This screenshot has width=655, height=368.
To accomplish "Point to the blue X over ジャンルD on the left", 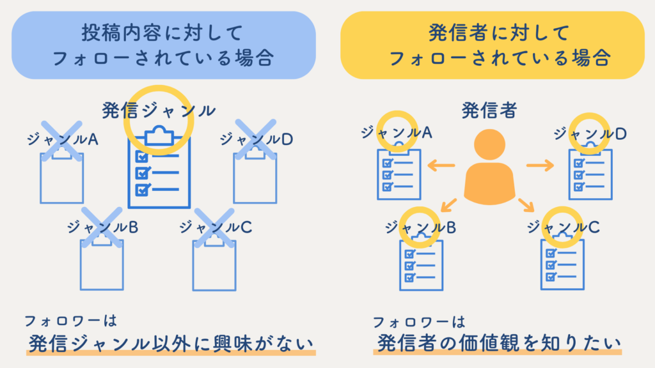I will [255, 139].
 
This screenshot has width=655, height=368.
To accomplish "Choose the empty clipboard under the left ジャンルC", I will [214, 262].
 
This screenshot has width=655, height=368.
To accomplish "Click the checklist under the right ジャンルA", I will [399, 173].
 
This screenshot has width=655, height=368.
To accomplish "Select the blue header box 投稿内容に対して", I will [164, 45].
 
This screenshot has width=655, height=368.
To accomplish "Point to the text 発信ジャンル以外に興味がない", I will [171, 343].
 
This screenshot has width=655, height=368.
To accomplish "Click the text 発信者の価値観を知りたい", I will [497, 343].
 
